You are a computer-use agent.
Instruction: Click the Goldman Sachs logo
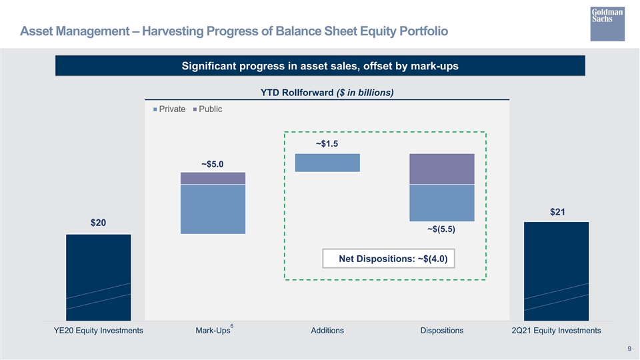point(607,24)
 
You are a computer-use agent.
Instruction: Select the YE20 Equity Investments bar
point(99,277)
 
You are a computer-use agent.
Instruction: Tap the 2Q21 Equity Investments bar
point(556,271)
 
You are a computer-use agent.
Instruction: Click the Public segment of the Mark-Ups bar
point(213,179)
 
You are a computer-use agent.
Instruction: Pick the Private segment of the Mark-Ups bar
point(213,209)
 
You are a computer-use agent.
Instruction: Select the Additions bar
point(327,163)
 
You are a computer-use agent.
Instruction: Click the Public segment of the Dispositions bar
point(442,169)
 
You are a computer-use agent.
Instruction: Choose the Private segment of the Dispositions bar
point(442,203)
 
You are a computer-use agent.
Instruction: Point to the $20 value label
point(99,223)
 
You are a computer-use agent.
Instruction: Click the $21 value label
point(557,212)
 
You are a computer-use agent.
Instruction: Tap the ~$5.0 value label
point(212,164)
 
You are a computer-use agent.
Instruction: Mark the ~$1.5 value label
point(327,144)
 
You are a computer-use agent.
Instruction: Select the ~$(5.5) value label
point(441,229)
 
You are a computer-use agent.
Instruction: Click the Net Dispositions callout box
point(389,259)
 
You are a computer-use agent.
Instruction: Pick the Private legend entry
point(169,109)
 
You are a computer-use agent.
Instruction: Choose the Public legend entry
point(208,109)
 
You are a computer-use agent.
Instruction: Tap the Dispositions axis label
point(442,331)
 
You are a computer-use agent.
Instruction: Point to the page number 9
point(629,349)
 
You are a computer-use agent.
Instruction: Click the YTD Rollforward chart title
point(327,93)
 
